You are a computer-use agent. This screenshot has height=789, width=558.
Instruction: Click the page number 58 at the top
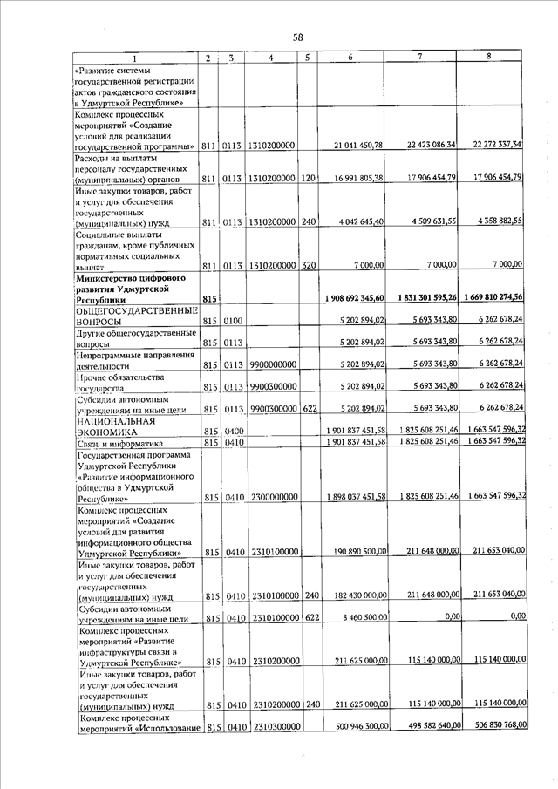(x=297, y=37)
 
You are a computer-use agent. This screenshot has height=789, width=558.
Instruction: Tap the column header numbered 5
(x=309, y=58)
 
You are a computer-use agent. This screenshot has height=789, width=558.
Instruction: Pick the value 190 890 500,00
(x=356, y=552)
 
